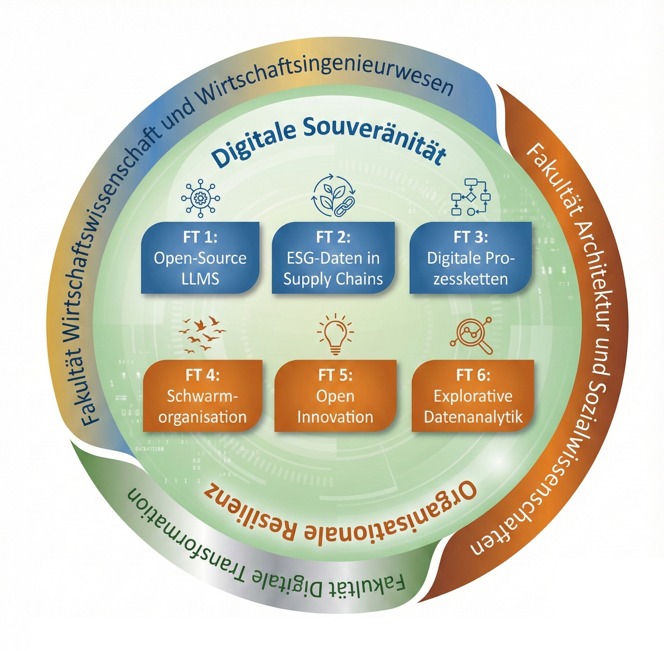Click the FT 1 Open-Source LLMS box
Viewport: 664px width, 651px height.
click(200, 258)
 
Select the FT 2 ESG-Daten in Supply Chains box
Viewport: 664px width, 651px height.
click(333, 258)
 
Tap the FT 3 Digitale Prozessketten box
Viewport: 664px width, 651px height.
click(470, 258)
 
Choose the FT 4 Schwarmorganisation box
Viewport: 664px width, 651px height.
click(202, 396)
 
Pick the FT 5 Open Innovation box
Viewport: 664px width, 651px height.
click(335, 396)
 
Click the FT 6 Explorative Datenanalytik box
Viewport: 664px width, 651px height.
click(473, 396)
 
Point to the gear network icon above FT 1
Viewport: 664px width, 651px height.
click(200, 199)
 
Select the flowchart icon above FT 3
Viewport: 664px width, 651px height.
click(470, 197)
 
